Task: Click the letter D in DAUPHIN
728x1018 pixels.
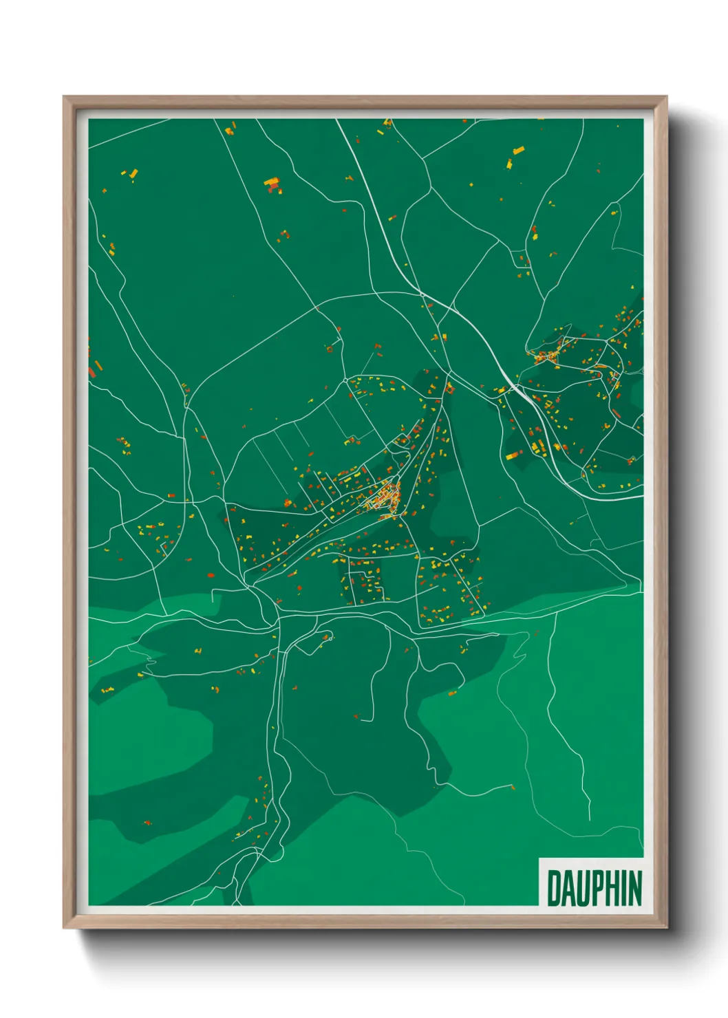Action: (554, 888)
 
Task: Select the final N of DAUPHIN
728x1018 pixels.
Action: (634, 888)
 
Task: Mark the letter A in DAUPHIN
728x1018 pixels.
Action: (568, 888)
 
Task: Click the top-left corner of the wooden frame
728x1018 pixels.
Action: (65, 98)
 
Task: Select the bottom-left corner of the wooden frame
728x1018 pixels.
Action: (65, 927)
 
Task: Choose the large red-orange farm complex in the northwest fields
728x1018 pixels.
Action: (272, 184)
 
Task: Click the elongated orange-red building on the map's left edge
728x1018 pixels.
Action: (90, 371)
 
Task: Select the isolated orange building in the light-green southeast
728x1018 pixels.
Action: (452, 693)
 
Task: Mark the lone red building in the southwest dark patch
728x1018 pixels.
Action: (147, 823)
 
